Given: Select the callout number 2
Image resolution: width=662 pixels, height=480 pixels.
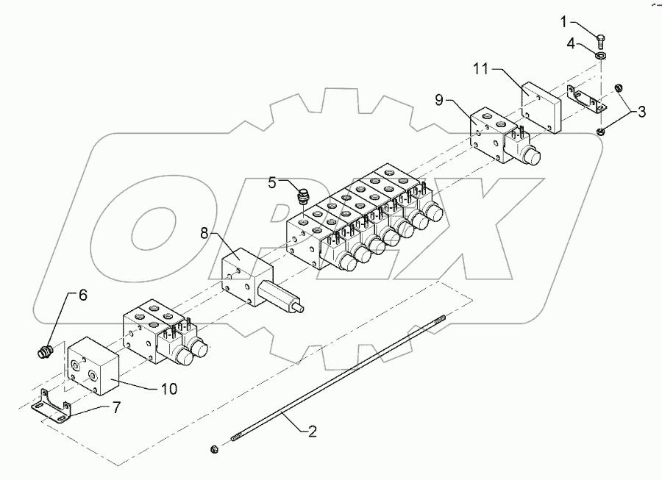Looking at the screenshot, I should [312, 431].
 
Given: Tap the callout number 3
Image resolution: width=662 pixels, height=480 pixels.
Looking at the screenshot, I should [641, 112].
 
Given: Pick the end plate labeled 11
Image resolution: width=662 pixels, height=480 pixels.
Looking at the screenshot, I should [541, 106].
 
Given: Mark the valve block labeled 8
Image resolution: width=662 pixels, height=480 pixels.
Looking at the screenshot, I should [245, 277].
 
